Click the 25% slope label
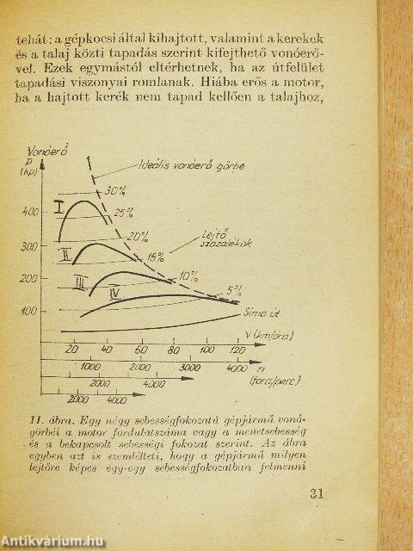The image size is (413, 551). pyautogui.click(x=124, y=212)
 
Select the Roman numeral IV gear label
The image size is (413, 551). pyautogui.click(x=114, y=294)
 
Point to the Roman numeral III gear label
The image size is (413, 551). pyautogui.click(x=80, y=282)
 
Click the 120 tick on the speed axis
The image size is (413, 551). pyautogui.click(x=232, y=350)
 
